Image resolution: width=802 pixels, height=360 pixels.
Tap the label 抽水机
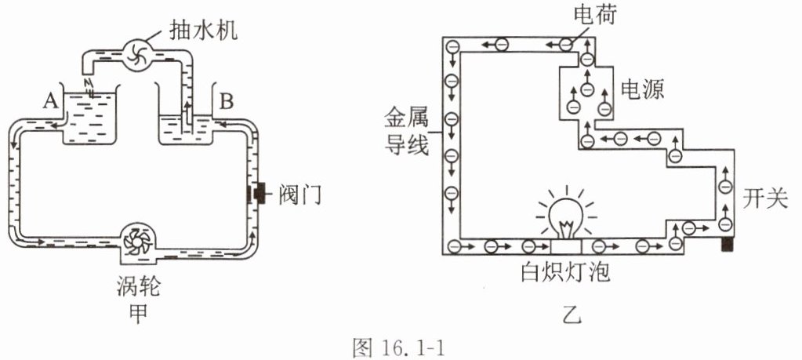coord(203,31)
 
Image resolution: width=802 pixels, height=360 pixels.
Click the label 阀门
coord(299,195)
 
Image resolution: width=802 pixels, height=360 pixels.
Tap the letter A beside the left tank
coord(50,102)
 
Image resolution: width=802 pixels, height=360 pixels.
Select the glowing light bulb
coord(566,216)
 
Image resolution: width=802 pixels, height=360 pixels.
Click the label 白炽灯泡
coord(565,273)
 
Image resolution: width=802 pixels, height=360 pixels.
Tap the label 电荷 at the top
coord(595,15)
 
